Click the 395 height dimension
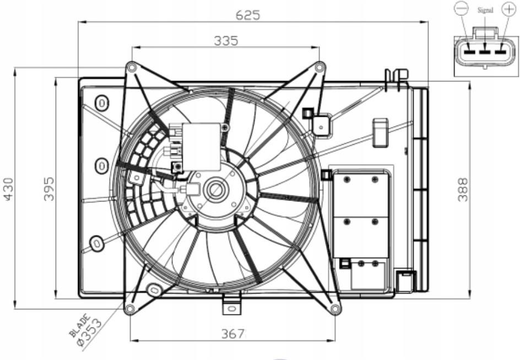point(48,188)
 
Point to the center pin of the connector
point(484,52)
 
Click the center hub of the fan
point(214,190)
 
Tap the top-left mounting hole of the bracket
point(131,67)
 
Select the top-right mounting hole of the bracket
point(319,67)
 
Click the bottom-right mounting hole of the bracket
point(335,309)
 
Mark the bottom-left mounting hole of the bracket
point(129,309)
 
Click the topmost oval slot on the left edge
point(102,102)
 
